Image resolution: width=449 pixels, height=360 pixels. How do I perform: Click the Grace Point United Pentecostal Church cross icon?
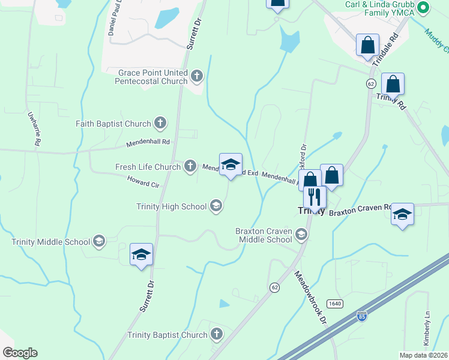coord(197,76)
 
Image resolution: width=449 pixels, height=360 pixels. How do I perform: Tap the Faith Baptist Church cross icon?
coord(160,124)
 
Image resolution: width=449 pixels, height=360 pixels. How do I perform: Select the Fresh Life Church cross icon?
coord(190,166)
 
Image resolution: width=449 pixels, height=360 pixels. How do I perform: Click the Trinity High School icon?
coord(215,207)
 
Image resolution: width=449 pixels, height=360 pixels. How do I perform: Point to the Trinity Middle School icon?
coord(99,242)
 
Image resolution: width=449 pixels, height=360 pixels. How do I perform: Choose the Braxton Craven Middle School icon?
coord(301,234)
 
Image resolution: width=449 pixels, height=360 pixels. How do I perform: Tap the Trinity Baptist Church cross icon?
coord(216,335)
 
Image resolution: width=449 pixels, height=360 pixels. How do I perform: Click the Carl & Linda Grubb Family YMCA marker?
coord(423,8)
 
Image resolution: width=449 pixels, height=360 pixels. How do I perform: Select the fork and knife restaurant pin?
coord(315,196)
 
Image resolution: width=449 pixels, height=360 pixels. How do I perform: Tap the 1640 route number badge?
coord(335,304)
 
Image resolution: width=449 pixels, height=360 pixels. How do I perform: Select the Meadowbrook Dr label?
coord(310,296)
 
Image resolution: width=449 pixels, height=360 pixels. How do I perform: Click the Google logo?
coord(20,353)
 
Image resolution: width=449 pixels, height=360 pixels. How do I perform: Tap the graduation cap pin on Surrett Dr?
coord(142,254)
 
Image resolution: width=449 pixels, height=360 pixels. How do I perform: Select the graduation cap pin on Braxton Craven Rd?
coord(402,215)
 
